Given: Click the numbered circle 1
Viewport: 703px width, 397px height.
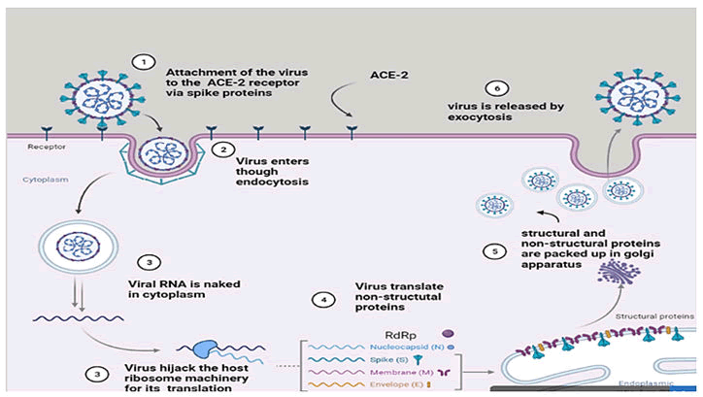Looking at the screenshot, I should click(x=144, y=62).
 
